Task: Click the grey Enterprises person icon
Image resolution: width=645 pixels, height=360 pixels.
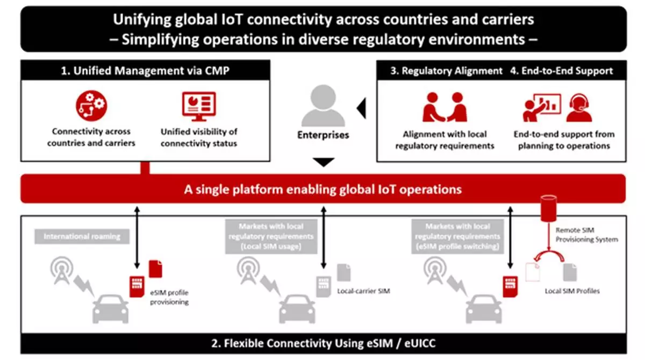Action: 323,105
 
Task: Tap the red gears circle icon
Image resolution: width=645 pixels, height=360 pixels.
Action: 91,106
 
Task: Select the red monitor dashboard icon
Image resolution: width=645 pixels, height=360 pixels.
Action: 199,106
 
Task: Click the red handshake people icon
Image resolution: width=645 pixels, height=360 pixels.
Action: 445,107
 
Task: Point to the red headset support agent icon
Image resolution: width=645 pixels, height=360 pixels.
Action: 579,107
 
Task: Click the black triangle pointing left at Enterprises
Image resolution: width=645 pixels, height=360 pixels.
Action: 361,108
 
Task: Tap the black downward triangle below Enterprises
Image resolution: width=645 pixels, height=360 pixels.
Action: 324,162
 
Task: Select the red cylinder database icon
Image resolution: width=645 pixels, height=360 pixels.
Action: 549,208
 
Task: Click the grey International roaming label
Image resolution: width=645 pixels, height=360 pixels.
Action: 82,236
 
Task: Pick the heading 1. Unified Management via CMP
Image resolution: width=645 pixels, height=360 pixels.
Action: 145,70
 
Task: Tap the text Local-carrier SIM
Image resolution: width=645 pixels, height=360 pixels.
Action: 363,291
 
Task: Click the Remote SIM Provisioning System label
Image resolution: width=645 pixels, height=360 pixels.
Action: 586,234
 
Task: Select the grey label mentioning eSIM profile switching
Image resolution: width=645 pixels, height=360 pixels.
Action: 457,236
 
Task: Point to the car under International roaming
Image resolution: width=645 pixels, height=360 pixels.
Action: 111,309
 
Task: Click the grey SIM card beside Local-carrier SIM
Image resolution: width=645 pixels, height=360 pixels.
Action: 324,286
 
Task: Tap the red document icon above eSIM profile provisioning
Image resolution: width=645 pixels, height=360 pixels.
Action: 155,269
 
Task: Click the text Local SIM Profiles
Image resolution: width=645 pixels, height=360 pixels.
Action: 572,291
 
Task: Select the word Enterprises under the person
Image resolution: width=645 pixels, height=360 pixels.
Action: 323,135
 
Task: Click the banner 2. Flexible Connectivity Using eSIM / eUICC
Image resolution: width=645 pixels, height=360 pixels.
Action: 324,343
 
